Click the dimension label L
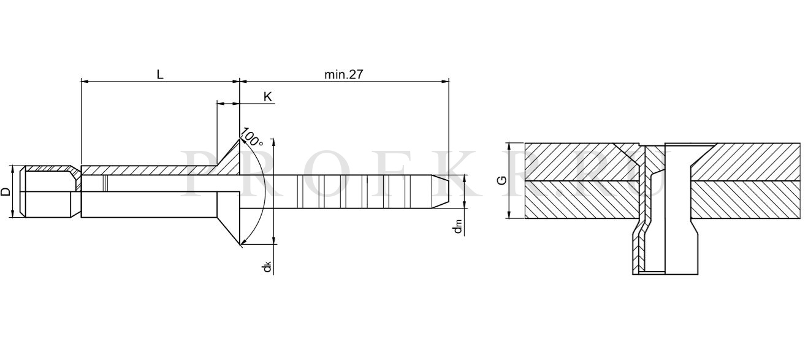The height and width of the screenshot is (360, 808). [x=160, y=74]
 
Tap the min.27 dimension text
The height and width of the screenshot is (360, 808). [x=343, y=74]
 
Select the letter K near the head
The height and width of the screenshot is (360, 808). [x=268, y=97]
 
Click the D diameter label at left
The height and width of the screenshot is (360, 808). [x=6, y=191]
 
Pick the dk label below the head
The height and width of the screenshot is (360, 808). [x=267, y=267]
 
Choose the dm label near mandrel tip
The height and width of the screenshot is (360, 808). [x=458, y=226]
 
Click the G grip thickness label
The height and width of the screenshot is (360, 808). [x=501, y=180]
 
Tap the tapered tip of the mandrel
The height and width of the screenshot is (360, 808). [x=440, y=191]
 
